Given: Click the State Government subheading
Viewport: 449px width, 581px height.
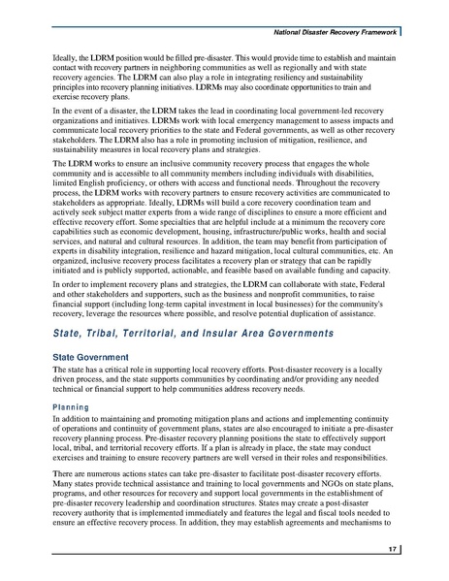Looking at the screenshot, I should [x=91, y=358].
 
